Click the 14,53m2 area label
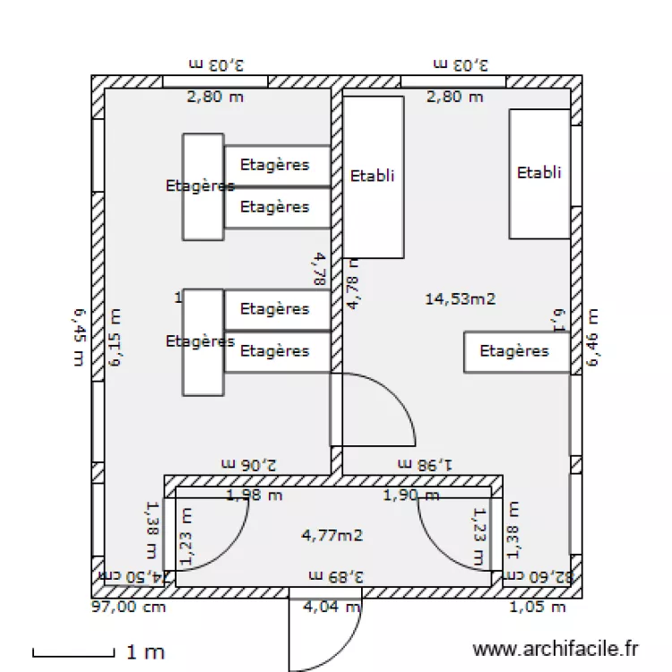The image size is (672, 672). point(460,299)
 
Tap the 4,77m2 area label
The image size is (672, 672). point(332,536)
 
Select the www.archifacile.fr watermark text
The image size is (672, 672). point(556,647)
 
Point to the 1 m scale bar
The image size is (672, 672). point(73,653)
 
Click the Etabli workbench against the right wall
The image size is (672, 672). point(539,173)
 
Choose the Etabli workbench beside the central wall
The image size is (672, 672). point(373,177)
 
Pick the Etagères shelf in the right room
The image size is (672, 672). point(516,351)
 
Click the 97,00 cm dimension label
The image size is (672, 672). point(129,607)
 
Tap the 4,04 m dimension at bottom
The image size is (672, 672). point(332,607)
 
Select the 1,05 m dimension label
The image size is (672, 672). point(538,607)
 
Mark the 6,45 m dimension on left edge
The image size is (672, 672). point(80,339)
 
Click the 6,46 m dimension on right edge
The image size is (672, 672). point(592,338)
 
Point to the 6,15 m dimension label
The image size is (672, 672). point(115,338)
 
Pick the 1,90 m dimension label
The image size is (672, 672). point(411,495)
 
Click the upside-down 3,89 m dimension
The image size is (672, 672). point(336,575)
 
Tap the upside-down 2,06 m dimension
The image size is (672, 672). point(249,464)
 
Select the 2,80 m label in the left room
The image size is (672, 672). point(214,97)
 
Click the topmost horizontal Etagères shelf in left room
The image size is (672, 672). point(276,165)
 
